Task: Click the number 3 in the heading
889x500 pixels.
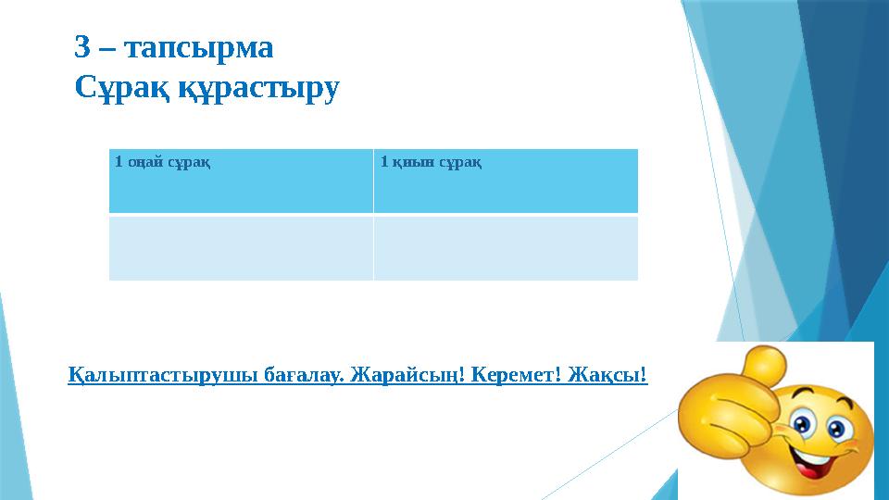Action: [82, 47]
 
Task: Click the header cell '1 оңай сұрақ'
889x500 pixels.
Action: [241, 181]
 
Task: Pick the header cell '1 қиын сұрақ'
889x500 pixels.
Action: [506, 181]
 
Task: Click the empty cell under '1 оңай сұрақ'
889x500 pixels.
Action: [241, 247]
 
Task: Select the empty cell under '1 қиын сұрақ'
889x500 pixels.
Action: [506, 247]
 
